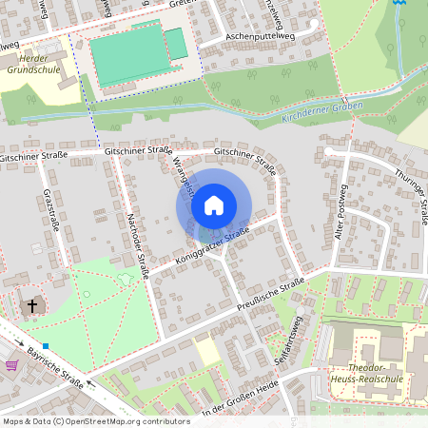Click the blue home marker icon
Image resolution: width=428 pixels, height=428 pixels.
pos(214,204)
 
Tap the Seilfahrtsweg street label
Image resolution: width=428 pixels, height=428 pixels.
pos(297,337)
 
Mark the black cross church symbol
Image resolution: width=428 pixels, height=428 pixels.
pos(32,306)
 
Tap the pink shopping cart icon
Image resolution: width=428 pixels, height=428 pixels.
pos(11,365)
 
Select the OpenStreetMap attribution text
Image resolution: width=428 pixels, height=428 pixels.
pos(96,420)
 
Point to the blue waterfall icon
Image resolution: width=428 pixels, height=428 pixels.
pos(399,3)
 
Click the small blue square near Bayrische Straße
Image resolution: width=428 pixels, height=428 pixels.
pos(46,345)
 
